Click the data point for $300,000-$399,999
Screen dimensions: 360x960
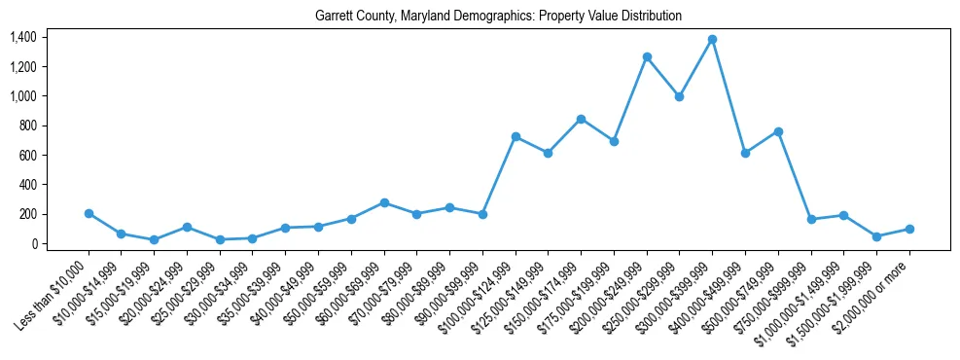pos(712,39)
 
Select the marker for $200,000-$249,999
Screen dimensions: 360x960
pos(647,56)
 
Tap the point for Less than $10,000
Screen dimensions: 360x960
pos(89,213)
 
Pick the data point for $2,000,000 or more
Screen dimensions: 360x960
pos(909,229)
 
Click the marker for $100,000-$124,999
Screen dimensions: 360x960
pos(516,136)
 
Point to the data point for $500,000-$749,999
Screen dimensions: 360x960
pos(778,131)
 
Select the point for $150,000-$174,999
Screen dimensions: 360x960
pos(581,119)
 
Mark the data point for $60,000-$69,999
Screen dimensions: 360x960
pos(384,202)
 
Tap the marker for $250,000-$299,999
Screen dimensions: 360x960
pos(679,96)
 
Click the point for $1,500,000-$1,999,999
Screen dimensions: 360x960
pos(876,236)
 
